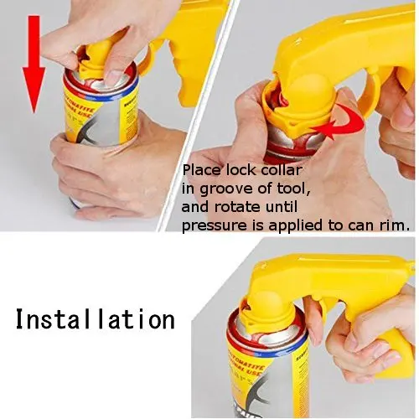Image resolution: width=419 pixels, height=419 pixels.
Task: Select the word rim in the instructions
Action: click(395, 225)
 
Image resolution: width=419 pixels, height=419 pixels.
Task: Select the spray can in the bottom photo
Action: click(256, 369)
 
